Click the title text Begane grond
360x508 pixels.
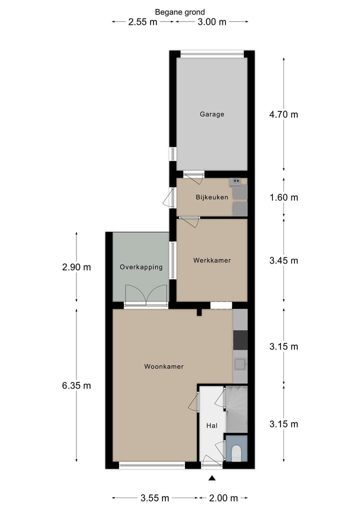pos(180,12)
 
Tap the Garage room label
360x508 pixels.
pos(212,114)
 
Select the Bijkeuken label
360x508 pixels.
pos(211,197)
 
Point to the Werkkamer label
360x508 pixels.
pos(212,260)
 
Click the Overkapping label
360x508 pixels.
pos(141,267)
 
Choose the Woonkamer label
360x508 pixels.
pos(163,367)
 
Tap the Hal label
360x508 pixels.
pos(212,426)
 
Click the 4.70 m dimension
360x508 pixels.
pos(283,114)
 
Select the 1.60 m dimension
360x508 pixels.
pos(283,197)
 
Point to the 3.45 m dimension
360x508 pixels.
pos(283,260)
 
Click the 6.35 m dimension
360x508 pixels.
pos(76,386)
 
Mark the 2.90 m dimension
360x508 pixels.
pos(76,267)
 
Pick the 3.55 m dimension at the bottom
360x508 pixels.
pos(154,498)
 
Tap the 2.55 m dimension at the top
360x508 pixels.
pos(143,21)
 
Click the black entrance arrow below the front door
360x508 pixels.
pos(212,478)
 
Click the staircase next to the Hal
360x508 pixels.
pos(236,409)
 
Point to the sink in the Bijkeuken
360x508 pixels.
pos(235,182)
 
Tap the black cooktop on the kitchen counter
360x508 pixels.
pos(240,341)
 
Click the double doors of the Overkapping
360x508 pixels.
pos(145,295)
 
